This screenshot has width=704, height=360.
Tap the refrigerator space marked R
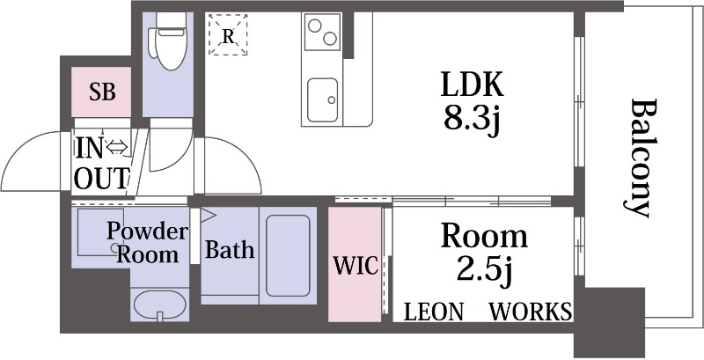coord(228,34)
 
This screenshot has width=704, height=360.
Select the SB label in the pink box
coord(102,92)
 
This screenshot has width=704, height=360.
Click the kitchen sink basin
coord(323,100)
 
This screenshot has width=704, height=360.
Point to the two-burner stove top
coord(323,32)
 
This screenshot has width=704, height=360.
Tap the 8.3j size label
coord(472,119)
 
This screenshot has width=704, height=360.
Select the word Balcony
coord(639,158)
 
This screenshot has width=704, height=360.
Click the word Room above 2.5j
coord(484,236)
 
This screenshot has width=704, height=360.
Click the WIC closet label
coord(356,266)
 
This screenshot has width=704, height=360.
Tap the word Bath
coord(230,250)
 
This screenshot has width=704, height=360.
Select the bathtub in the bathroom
coord(288,255)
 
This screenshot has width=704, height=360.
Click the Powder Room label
coord(147,243)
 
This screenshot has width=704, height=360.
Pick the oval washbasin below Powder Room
coord(159,305)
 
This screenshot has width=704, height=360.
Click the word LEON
coord(433,312)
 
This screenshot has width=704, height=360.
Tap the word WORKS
coord(531,312)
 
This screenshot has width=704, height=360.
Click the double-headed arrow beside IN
coord(117,147)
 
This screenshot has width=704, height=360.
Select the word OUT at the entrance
coord(102,178)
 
